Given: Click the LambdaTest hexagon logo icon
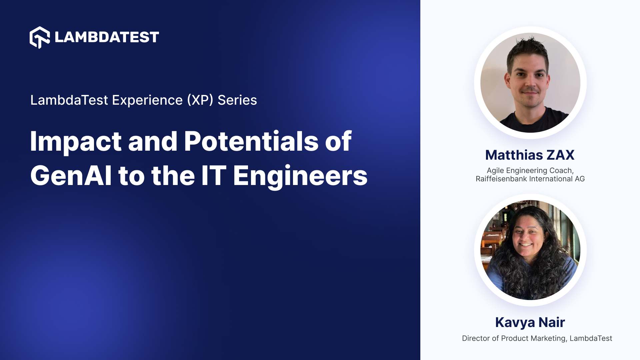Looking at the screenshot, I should coord(40,37).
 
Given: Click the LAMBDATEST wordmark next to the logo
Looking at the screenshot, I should coord(107,37).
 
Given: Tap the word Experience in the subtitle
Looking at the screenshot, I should coord(147,100).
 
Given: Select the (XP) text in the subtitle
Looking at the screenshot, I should coord(200,100).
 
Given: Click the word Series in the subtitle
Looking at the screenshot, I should coord(237,100).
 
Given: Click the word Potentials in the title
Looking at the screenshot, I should coord(251,141).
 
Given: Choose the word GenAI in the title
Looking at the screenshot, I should coord(71,176).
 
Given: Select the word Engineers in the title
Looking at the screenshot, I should coord(300,176).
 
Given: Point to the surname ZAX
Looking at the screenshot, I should coord(560,155).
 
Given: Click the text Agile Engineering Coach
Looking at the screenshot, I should coord(530,171).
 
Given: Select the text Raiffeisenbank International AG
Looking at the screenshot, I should coord(530,179).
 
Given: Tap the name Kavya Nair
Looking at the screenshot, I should coord(530,322).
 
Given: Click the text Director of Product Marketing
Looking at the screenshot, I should coord(514,338).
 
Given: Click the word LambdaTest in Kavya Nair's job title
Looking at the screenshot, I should coord(591,338).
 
